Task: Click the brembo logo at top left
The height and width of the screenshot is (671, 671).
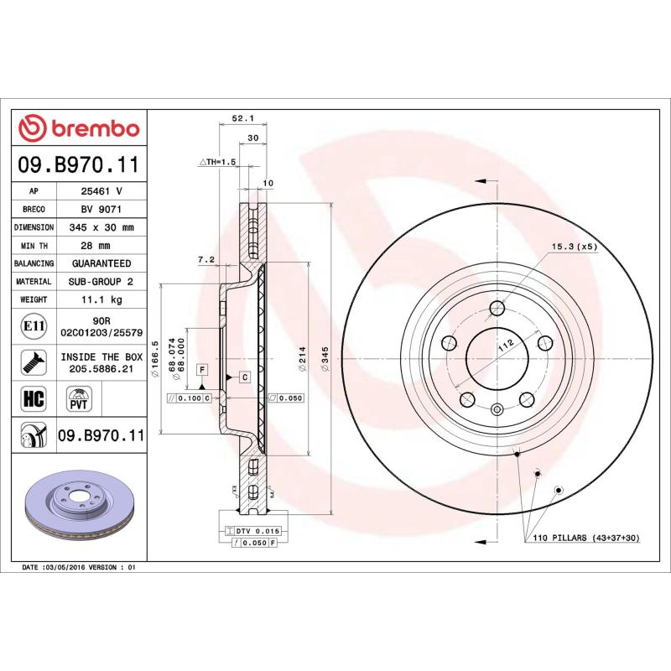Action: coord(79,128)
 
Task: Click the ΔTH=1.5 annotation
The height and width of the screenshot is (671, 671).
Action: coord(217,161)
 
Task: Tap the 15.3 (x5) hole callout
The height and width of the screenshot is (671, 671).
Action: coord(574,247)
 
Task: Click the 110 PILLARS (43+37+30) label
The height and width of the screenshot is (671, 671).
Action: coord(585,537)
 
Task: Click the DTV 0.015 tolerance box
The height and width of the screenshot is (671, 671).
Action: coord(251,532)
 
